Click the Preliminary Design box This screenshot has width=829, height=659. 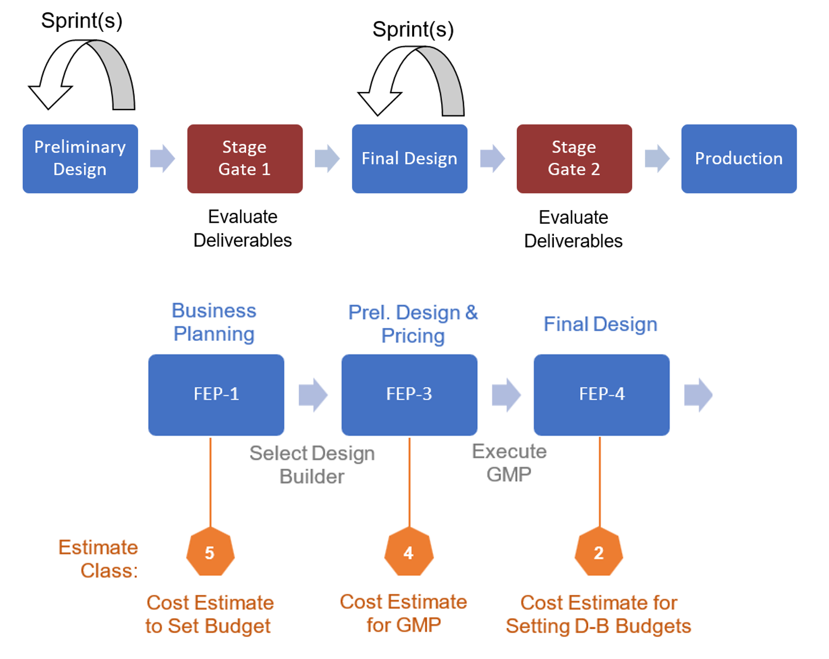point(80,159)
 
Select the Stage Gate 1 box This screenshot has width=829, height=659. point(245,159)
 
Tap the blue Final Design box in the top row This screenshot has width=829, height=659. point(409,159)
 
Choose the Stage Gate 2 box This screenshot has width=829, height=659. point(574,159)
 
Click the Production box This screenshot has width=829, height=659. point(738,159)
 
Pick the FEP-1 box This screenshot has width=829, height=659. point(216,394)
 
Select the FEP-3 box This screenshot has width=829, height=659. point(409,394)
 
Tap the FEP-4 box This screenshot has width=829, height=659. point(601,394)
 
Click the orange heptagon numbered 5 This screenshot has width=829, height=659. point(210,552)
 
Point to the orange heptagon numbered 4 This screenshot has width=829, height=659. point(409,552)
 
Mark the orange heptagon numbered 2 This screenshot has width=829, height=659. point(599,552)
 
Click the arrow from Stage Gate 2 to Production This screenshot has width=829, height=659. point(657,159)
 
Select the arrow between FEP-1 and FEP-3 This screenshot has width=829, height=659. point(313,395)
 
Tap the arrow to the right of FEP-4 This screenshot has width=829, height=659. point(698,395)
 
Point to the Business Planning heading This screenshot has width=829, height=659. point(214,322)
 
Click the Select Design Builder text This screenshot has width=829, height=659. point(312,464)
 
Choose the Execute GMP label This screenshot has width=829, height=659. point(509,462)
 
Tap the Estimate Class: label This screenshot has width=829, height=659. point(98,559)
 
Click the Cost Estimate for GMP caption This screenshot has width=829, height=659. point(403,613)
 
